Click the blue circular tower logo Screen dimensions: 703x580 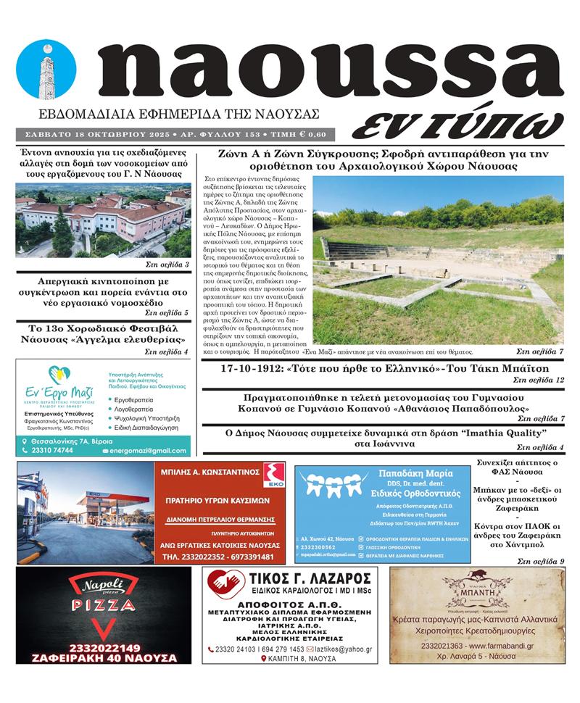(x=46, y=69)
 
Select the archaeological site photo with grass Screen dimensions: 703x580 (x=438, y=260)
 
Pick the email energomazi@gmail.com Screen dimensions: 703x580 (x=148, y=451)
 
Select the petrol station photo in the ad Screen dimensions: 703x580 (x=86, y=512)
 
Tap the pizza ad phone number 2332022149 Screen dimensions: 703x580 (x=103, y=647)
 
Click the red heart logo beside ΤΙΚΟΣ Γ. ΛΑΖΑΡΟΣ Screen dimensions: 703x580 (x=225, y=583)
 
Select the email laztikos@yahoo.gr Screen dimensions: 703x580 (x=342, y=649)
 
